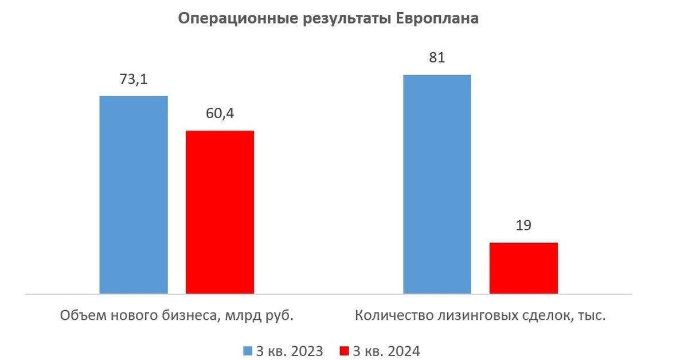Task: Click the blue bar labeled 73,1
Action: tap(134, 195)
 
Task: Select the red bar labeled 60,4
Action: tap(220, 212)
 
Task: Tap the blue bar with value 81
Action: tap(437, 184)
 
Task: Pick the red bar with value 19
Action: tap(523, 268)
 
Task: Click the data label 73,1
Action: tap(134, 80)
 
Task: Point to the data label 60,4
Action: tap(220, 114)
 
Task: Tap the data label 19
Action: tap(523, 225)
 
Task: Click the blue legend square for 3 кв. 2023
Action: tap(247, 351)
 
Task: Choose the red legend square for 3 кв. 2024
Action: tap(344, 351)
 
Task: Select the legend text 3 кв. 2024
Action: tap(387, 351)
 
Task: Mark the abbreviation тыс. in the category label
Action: tap(592, 316)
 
